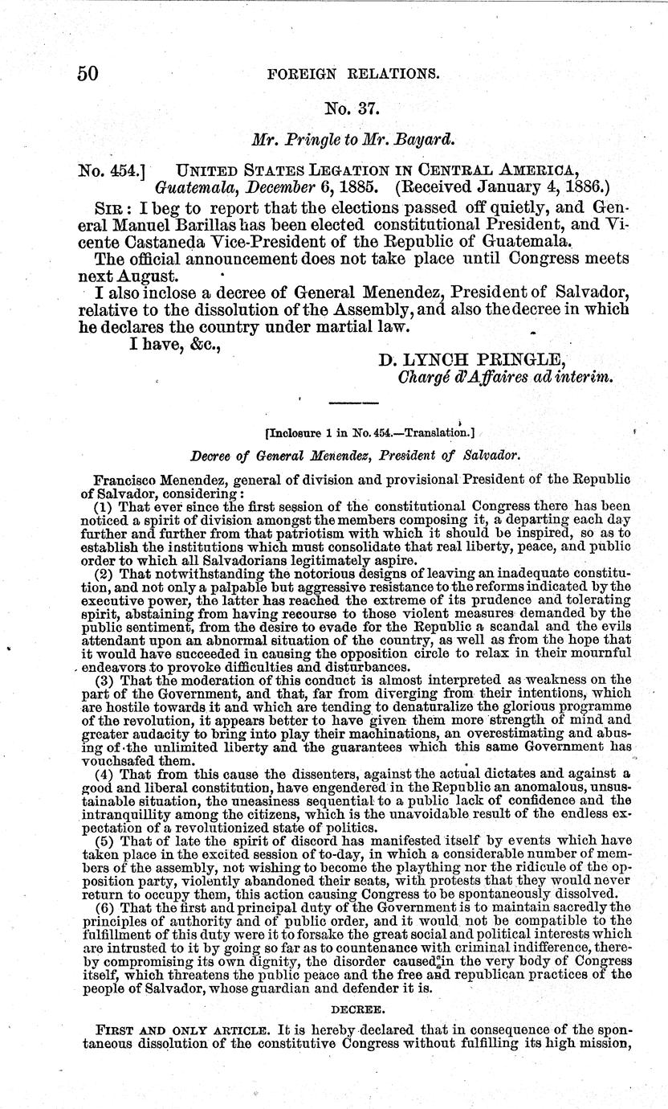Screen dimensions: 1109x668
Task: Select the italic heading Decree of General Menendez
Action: coord(356,455)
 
